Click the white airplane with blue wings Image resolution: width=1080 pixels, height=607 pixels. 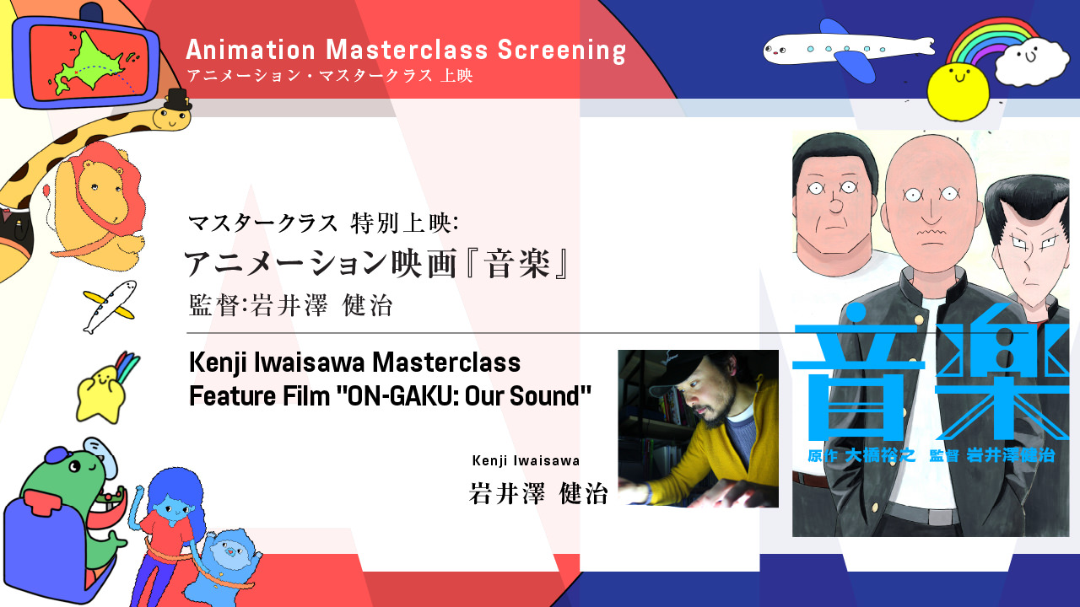849,49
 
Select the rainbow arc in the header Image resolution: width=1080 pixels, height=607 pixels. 993,41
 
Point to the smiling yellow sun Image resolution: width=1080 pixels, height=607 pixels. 958,92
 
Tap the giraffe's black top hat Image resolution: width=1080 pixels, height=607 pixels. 177,99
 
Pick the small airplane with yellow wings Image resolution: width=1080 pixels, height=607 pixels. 110,307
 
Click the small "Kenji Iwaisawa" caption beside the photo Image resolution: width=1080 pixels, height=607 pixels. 526,460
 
